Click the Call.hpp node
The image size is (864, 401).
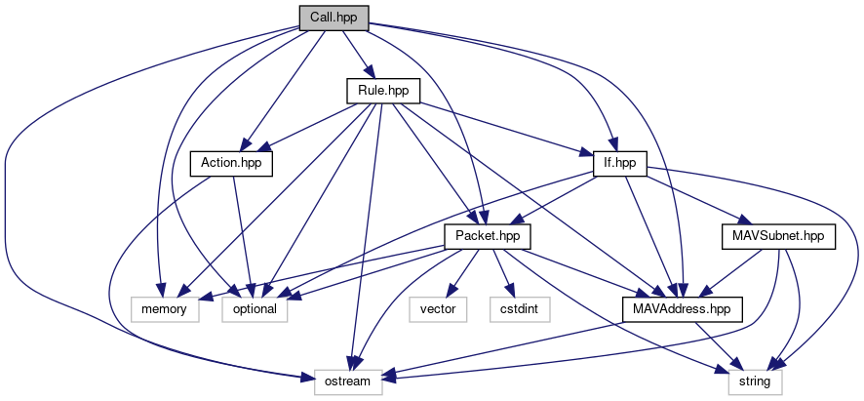click(x=334, y=18)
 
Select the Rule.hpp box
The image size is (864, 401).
click(x=383, y=91)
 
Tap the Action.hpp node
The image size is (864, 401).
click(x=231, y=164)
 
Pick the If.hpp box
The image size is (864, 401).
click(x=620, y=164)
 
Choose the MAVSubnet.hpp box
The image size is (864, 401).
click(x=778, y=237)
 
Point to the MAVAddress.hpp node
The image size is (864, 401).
click(x=683, y=309)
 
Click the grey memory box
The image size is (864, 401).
click(x=165, y=309)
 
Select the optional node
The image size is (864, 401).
click(x=255, y=309)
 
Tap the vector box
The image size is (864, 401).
click(x=438, y=309)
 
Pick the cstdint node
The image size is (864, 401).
click(x=520, y=309)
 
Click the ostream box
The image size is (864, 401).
click(x=348, y=381)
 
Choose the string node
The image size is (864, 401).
click(x=755, y=381)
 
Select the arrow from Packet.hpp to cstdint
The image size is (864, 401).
click(x=503, y=273)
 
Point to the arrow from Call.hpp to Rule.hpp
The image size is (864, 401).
click(x=359, y=54)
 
